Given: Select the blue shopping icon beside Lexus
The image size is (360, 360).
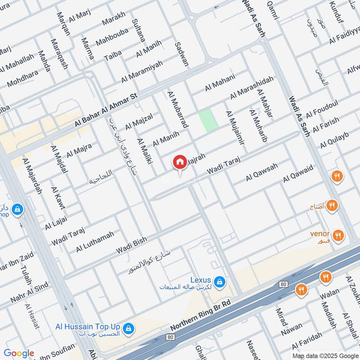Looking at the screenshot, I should click(220, 282).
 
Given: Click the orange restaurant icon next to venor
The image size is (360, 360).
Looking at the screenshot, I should click(338, 235).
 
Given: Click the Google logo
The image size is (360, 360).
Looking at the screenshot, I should click(19, 353).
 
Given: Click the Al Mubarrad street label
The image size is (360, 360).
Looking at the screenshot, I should click(177, 109).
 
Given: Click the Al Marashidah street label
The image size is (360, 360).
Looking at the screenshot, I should click(252, 88).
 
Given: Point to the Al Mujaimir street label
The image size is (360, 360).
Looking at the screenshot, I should click(235, 128).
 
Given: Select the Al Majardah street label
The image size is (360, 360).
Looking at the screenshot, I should click(31, 176).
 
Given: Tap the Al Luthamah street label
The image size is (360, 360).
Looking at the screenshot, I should click(95, 241).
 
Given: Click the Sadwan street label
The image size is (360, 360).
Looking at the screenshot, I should click(181, 53).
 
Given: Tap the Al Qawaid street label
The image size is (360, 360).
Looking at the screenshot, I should click(297, 174).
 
